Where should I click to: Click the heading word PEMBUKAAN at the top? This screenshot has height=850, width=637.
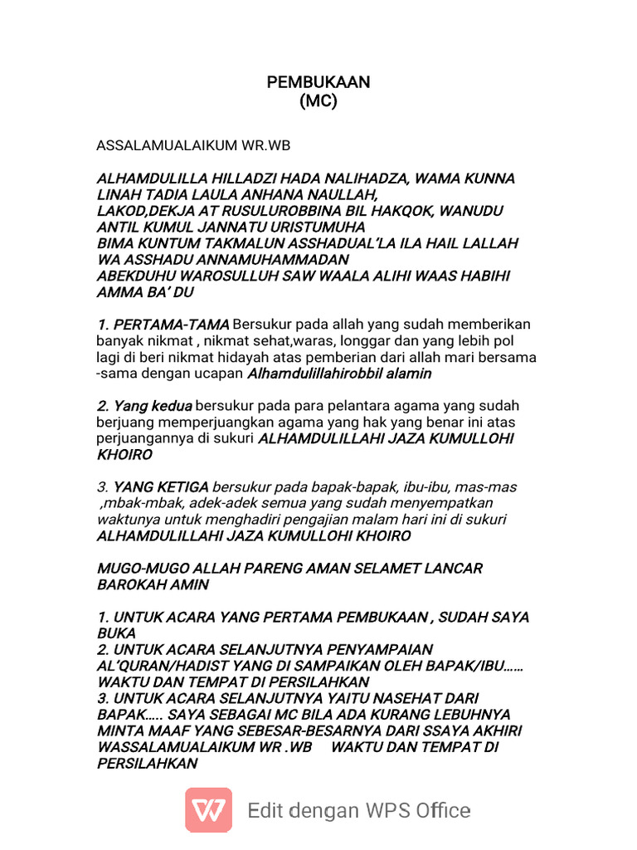pos(318,82)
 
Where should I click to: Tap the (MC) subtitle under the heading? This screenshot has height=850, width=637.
pos(318,101)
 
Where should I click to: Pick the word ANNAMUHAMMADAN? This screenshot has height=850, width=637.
pos(236,259)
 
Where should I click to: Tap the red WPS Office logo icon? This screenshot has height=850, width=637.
pos(209,809)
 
